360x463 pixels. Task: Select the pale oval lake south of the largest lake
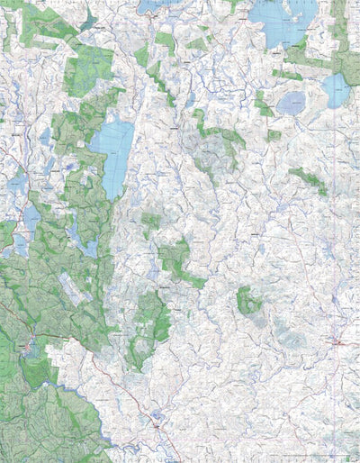pos(290,104)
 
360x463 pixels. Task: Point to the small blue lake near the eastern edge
pos(335,90)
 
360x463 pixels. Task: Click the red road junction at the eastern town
pos(338,343)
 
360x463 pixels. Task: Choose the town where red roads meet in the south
pos(157,422)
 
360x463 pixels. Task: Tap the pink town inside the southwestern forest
pos(29,346)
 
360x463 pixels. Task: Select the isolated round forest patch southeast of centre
pos(247,300)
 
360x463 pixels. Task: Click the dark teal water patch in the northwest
pos(87,20)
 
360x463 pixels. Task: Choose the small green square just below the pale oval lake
pos(274,136)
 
